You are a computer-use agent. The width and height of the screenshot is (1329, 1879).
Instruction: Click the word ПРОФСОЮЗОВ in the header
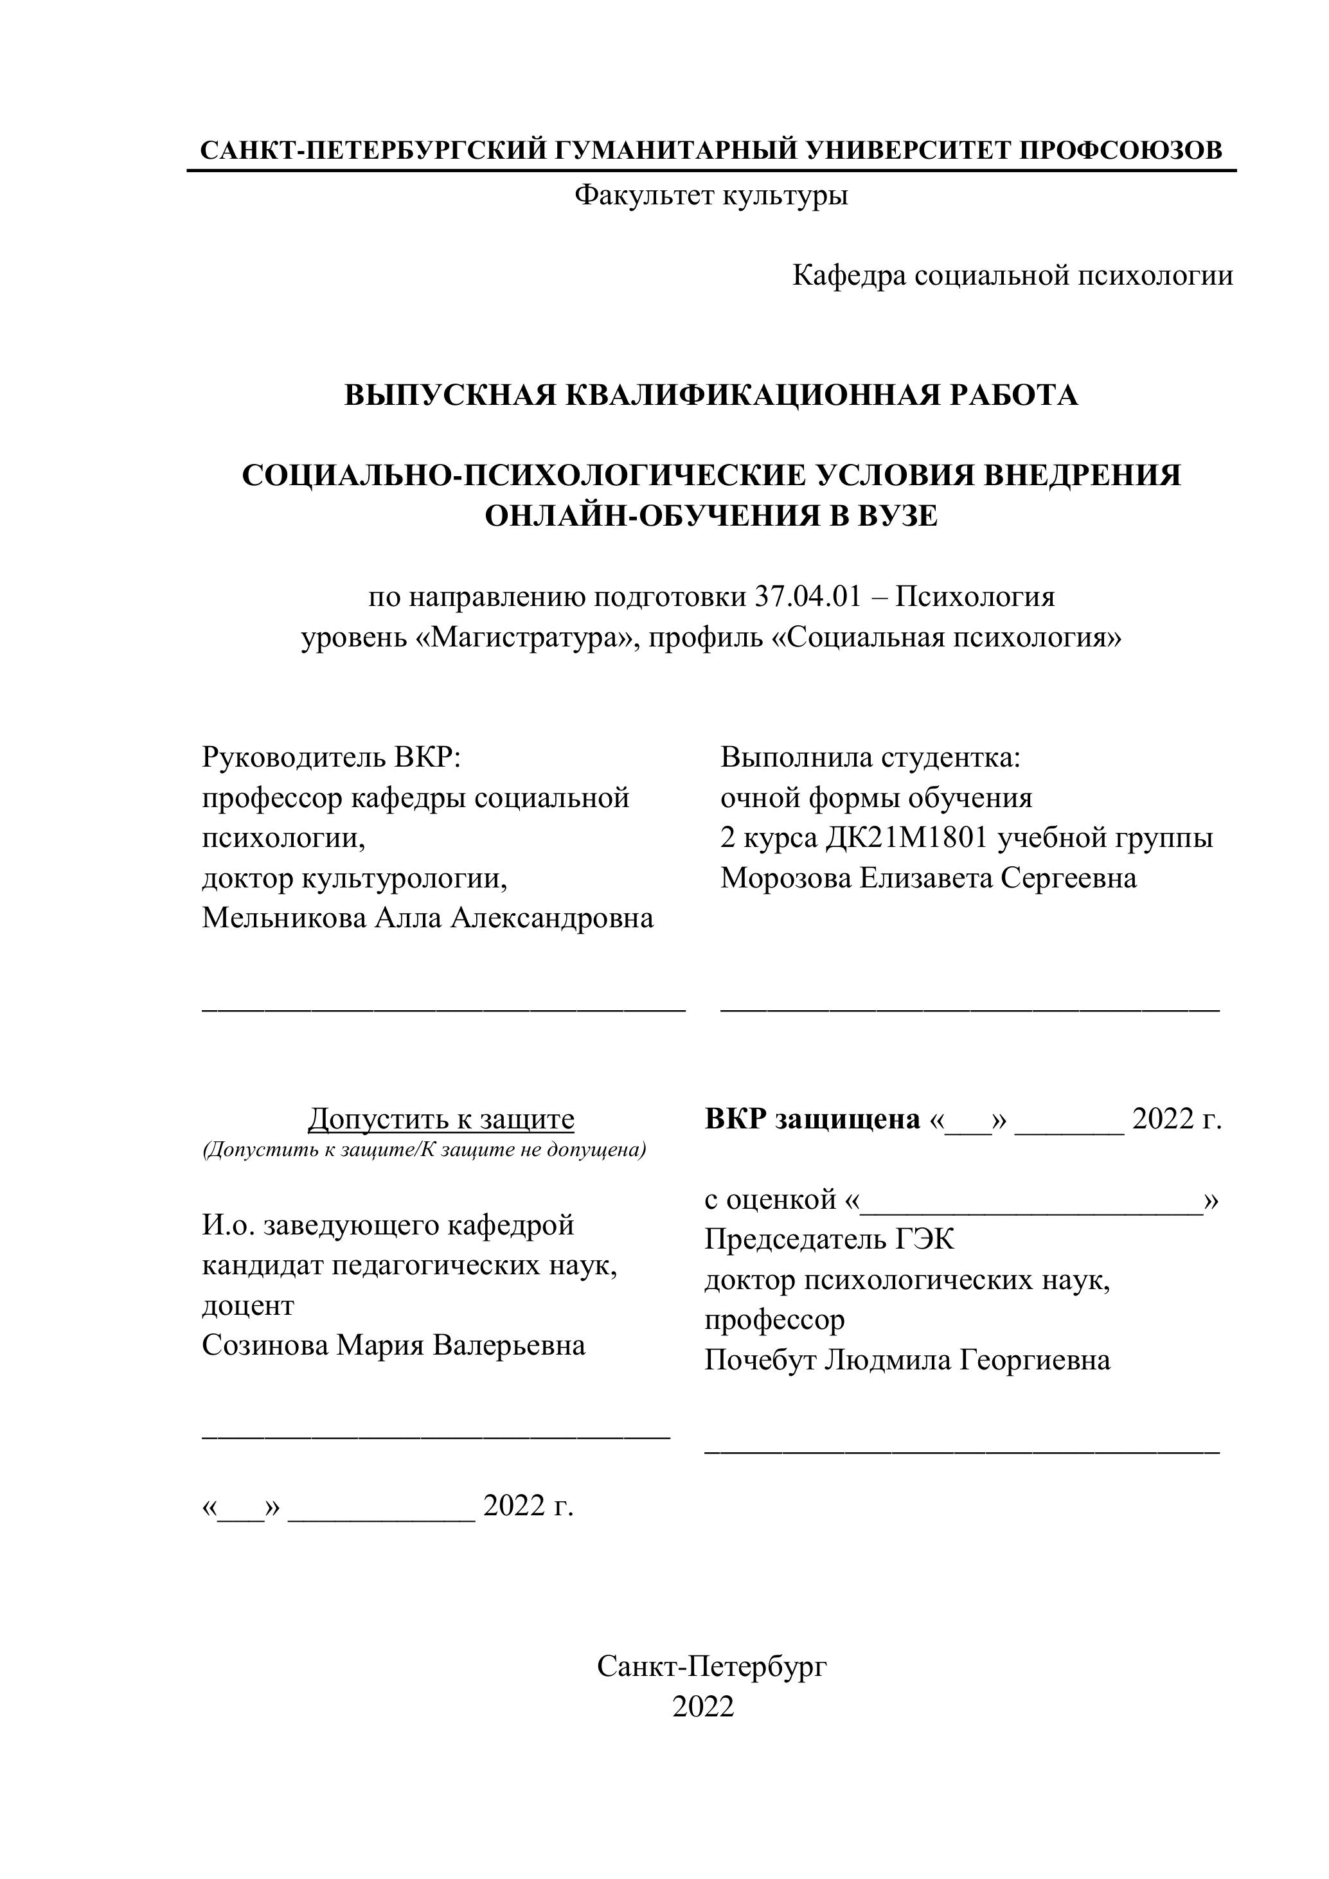point(1121,150)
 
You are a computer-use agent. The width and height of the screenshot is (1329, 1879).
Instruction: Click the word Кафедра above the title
point(849,276)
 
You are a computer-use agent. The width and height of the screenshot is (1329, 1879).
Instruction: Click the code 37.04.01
point(806,596)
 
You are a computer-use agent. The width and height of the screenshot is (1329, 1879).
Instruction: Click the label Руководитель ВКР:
point(332,757)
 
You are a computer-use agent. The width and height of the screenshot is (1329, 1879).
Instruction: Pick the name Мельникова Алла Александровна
point(427,918)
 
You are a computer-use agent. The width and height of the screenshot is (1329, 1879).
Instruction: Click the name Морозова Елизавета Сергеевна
point(928,878)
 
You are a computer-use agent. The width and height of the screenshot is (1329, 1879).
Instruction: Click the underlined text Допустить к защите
point(441,1118)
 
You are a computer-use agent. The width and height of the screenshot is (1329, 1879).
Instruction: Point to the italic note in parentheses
point(424,1150)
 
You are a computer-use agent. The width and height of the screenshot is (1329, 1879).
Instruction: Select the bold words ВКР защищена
point(812,1119)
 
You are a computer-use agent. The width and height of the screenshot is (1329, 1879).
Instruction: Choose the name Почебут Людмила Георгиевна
point(907,1360)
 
